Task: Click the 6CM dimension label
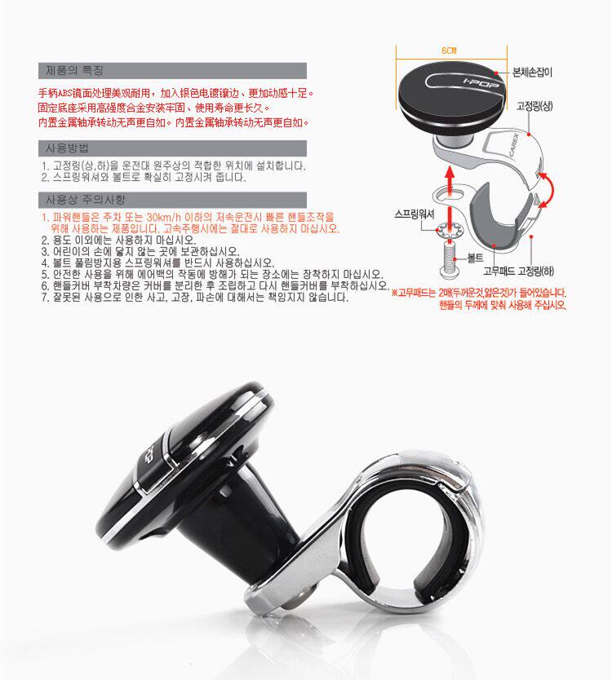click(450, 51)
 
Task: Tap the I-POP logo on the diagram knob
click(481, 85)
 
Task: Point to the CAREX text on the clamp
click(513, 145)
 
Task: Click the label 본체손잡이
click(532, 73)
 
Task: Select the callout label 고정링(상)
click(534, 106)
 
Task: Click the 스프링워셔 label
click(415, 214)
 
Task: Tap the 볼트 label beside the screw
click(475, 258)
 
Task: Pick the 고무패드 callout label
click(499, 272)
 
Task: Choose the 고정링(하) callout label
click(535, 272)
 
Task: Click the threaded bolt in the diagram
click(450, 261)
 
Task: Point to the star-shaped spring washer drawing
click(450, 230)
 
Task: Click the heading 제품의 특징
click(74, 70)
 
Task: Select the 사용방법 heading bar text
click(67, 148)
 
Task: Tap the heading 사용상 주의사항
click(86, 200)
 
